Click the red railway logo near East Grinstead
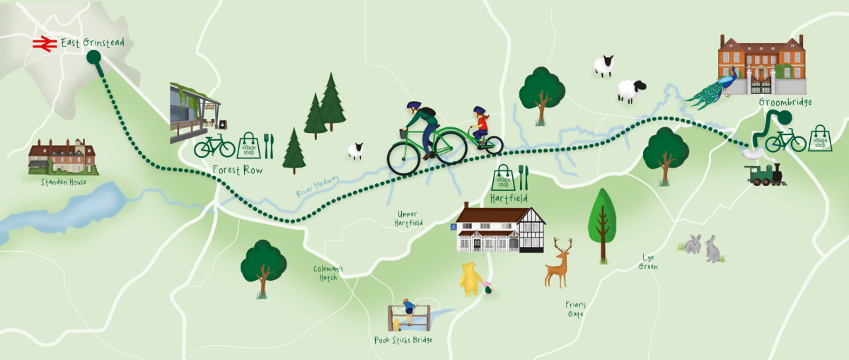45,44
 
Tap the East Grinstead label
93,43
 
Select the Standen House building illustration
62,156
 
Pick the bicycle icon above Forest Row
214,146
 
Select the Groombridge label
785,103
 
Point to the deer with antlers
558,262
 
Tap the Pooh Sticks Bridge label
403,340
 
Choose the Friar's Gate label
574,309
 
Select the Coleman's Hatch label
328,273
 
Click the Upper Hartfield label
410,218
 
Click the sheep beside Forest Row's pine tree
355,150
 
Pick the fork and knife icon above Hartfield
523,177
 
